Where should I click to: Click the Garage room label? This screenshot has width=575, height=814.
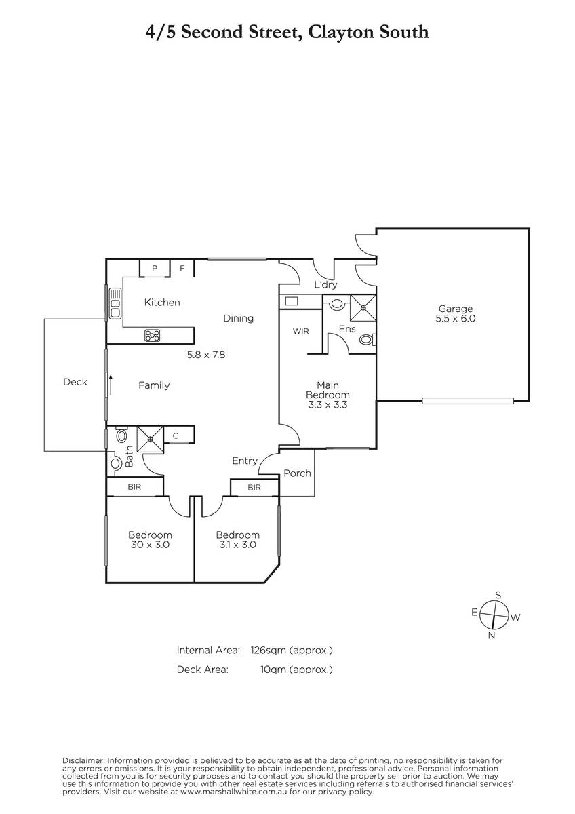(x=455, y=309)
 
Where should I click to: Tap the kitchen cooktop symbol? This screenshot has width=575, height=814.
(x=152, y=335)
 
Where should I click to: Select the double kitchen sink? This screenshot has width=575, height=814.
(x=115, y=303)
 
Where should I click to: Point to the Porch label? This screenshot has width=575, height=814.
(x=297, y=473)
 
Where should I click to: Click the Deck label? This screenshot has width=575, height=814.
(x=75, y=382)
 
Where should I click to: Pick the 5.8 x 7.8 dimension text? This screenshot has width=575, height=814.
(x=206, y=355)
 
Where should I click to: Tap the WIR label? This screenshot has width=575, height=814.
(x=301, y=331)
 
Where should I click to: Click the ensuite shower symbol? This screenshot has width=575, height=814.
(x=363, y=308)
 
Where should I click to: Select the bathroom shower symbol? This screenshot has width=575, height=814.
(x=150, y=439)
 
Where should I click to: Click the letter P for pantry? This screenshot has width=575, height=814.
(x=155, y=269)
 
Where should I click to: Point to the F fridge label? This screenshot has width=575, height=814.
(x=182, y=269)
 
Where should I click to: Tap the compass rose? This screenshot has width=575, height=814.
(x=494, y=615)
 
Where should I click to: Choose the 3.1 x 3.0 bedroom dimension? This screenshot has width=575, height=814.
(x=237, y=545)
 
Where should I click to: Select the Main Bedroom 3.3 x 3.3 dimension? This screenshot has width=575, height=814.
(x=328, y=405)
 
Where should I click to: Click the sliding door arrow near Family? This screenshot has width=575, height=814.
(x=111, y=385)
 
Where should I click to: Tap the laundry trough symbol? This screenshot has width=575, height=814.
(x=292, y=301)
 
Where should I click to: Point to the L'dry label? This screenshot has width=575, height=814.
(x=326, y=284)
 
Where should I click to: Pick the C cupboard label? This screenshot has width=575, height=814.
(x=176, y=436)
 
